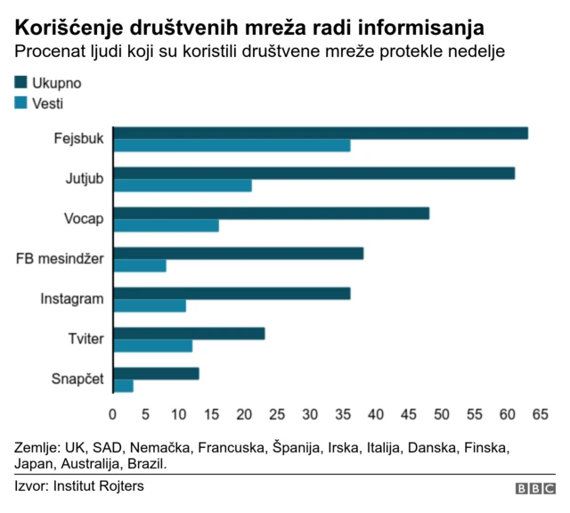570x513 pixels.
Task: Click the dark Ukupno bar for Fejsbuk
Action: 321,134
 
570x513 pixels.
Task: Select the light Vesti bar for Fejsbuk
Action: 232,146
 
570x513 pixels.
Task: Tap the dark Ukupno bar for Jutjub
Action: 313,174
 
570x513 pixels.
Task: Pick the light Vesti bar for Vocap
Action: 166,225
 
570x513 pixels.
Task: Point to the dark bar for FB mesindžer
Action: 238,253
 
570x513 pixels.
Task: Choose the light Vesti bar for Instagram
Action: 150,305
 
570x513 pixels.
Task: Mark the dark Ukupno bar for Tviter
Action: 189,333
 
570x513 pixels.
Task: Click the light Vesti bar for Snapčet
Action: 123,386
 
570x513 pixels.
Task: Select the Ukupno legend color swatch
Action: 22,83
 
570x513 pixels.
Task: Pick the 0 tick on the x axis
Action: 112,414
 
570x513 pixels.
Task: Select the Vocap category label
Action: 84,219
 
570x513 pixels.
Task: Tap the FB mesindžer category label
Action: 61,259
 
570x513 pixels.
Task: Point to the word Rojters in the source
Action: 118,486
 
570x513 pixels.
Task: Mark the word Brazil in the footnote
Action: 147,464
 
